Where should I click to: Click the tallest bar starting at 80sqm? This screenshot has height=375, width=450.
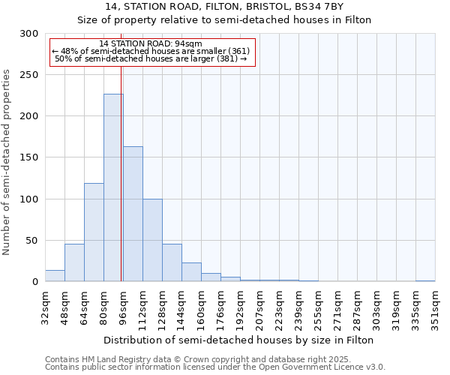point(113,187)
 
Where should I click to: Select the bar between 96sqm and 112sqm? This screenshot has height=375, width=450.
point(133,214)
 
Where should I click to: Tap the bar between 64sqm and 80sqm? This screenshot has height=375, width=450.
point(94,232)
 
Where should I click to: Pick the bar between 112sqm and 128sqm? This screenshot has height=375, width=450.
point(152,240)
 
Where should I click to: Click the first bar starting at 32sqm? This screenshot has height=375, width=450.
point(55,276)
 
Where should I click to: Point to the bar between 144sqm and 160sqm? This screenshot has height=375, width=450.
point(191,272)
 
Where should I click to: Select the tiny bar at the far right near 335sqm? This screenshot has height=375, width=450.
point(425,280)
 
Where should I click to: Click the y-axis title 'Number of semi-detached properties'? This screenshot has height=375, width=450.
point(7,162)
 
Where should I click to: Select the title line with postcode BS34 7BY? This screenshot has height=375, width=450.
point(225,7)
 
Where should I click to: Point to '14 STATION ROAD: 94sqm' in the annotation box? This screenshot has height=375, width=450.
point(151,44)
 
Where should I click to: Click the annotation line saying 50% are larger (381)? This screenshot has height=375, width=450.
point(151,58)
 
